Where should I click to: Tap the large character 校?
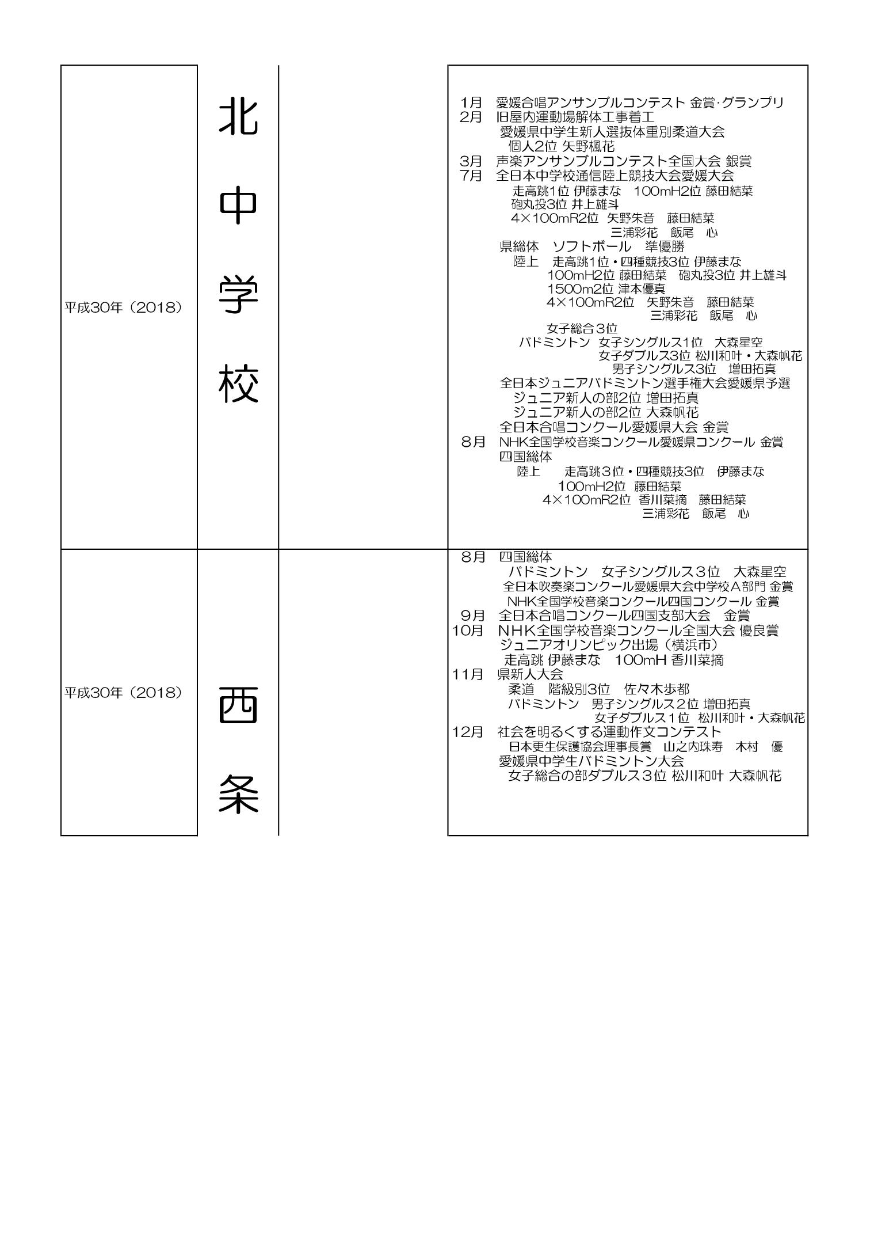tap(238, 384)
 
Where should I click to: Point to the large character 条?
tap(238, 794)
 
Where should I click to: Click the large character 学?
tap(238, 295)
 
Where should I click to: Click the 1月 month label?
tap(471, 103)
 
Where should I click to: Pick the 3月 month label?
tap(471, 161)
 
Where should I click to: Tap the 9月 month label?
tap(472, 616)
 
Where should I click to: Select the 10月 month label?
tap(468, 631)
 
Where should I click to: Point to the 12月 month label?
tap(468, 732)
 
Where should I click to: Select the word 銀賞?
tap(738, 161)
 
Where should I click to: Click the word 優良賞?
tap(759, 631)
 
